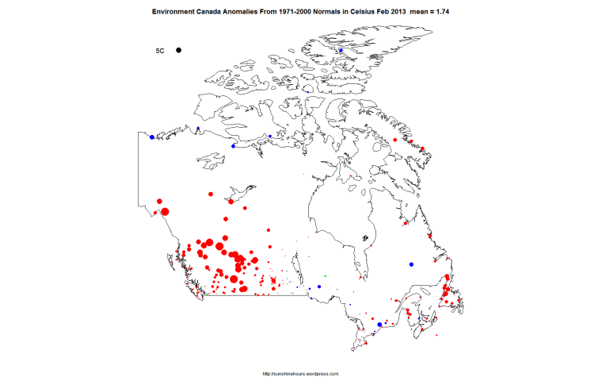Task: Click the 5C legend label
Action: (x=159, y=51)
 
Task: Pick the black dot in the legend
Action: (x=180, y=51)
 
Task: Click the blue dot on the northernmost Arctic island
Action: (x=341, y=51)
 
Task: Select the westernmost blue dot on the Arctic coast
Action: (x=152, y=137)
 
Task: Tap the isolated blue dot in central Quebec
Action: (x=411, y=264)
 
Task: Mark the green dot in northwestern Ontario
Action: (x=326, y=275)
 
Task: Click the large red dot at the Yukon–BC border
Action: (x=166, y=211)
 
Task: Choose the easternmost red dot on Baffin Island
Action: (x=422, y=149)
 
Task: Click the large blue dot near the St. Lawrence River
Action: (x=380, y=325)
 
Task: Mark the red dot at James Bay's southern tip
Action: (x=361, y=279)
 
